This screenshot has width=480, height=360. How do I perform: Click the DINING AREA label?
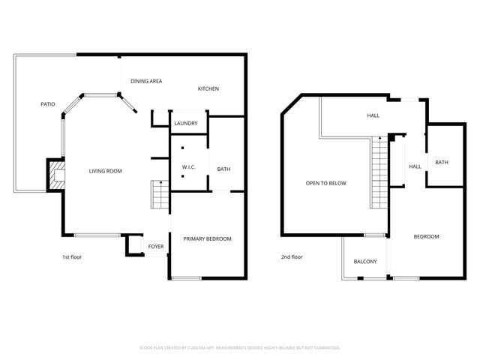146,81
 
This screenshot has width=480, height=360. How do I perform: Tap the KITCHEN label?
208,89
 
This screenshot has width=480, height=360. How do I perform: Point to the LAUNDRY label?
185,124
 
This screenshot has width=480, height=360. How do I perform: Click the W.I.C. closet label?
189,166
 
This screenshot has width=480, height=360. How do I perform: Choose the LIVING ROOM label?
106,171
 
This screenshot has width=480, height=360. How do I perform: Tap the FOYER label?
156,246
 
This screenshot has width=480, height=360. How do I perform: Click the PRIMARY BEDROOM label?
208,238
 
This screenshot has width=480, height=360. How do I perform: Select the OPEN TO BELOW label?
325,183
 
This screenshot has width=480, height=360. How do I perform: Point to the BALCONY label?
365,262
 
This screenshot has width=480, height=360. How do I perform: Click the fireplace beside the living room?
56,175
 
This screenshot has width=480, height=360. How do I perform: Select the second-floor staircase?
380,174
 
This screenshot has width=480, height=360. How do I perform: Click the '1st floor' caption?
72,257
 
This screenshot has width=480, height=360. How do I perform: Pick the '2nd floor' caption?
292,257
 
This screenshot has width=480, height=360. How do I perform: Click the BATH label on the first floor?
223,169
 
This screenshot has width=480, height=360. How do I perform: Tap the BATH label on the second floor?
442,163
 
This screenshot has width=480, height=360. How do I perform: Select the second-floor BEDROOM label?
427,237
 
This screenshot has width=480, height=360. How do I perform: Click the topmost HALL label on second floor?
373,115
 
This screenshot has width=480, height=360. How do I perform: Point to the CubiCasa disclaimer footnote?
240,348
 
